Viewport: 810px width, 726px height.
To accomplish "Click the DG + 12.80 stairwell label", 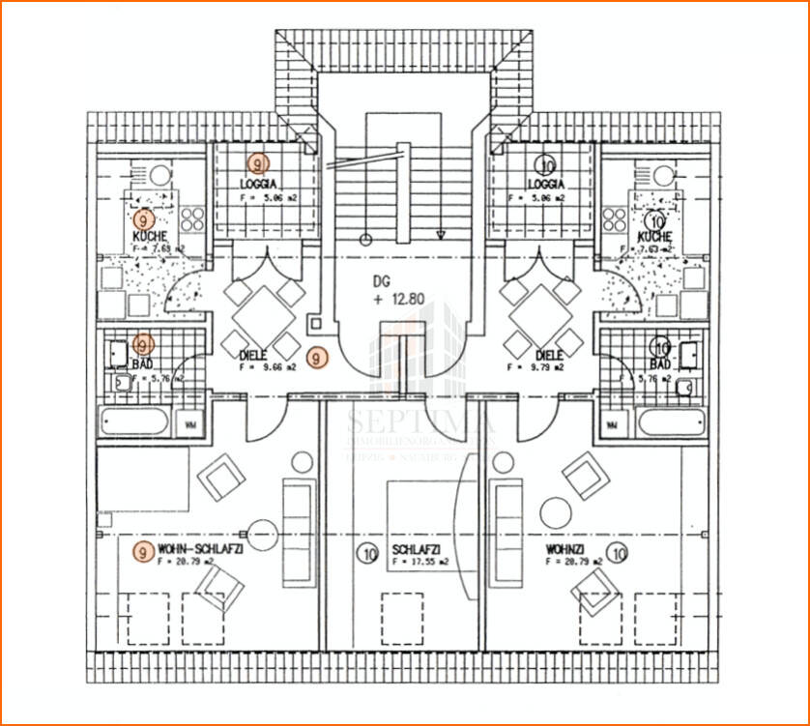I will tap(397, 290).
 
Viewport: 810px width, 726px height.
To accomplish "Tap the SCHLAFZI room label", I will tap(417, 550).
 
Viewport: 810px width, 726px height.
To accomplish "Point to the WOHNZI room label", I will tap(565, 549).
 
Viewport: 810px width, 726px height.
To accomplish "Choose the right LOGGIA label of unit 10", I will tap(546, 183).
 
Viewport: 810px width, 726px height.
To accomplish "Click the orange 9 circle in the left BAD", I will tap(143, 344).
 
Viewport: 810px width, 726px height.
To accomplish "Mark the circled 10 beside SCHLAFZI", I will tap(367, 554).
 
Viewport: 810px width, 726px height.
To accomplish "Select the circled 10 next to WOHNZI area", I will tap(620, 554).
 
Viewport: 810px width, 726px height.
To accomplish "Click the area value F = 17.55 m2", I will tap(418, 562).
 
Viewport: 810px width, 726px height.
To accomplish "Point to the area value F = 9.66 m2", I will tap(267, 367).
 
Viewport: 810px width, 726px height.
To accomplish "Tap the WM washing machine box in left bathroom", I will tap(191, 423).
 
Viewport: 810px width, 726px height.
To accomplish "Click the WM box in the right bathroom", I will tap(612, 423).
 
